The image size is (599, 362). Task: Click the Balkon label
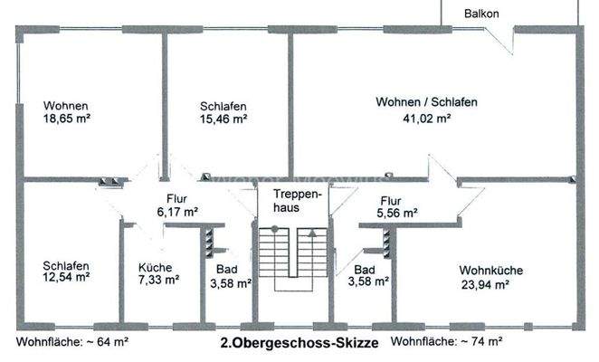[x=480, y=14]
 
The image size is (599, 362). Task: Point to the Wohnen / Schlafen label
[x=426, y=102]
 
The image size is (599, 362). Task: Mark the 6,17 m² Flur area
[x=176, y=213]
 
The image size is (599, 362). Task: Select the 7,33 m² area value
[x=158, y=281]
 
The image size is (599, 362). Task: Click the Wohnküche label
[x=490, y=271]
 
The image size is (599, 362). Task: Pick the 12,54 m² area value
[x=66, y=278]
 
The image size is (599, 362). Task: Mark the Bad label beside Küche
[x=226, y=270]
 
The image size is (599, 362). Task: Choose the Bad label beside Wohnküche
[x=365, y=270]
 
